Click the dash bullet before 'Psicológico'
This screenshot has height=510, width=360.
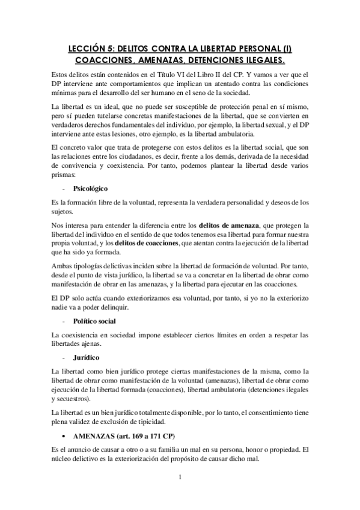coord(64,188)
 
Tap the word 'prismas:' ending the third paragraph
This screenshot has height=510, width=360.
coord(65,174)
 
